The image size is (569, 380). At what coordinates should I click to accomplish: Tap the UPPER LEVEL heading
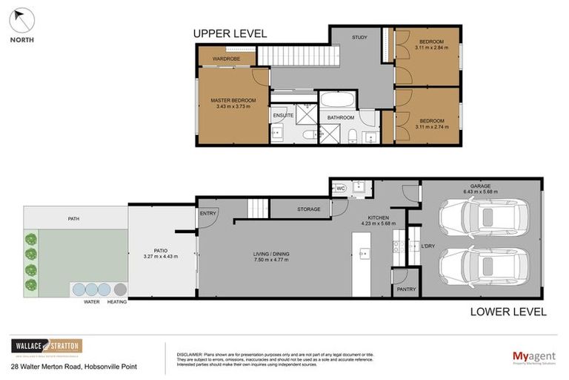[x=230, y=33]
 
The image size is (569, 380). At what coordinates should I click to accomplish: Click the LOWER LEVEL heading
[x=508, y=312]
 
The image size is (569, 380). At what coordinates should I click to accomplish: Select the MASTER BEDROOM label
[x=233, y=100]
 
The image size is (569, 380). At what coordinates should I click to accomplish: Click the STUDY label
[x=359, y=37]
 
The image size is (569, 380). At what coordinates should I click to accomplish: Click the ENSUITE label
[x=283, y=116]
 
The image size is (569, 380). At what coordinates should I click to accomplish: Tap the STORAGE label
[x=309, y=209]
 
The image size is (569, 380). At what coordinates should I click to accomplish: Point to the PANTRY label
[x=406, y=289]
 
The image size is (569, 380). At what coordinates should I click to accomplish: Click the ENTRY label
[x=208, y=214]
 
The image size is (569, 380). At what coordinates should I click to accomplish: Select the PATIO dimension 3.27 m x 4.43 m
[x=161, y=257]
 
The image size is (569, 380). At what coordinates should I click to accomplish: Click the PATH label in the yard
[x=73, y=219]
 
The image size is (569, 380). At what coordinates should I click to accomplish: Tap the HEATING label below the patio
[x=117, y=302]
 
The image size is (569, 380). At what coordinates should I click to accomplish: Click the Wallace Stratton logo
[x=46, y=347]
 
